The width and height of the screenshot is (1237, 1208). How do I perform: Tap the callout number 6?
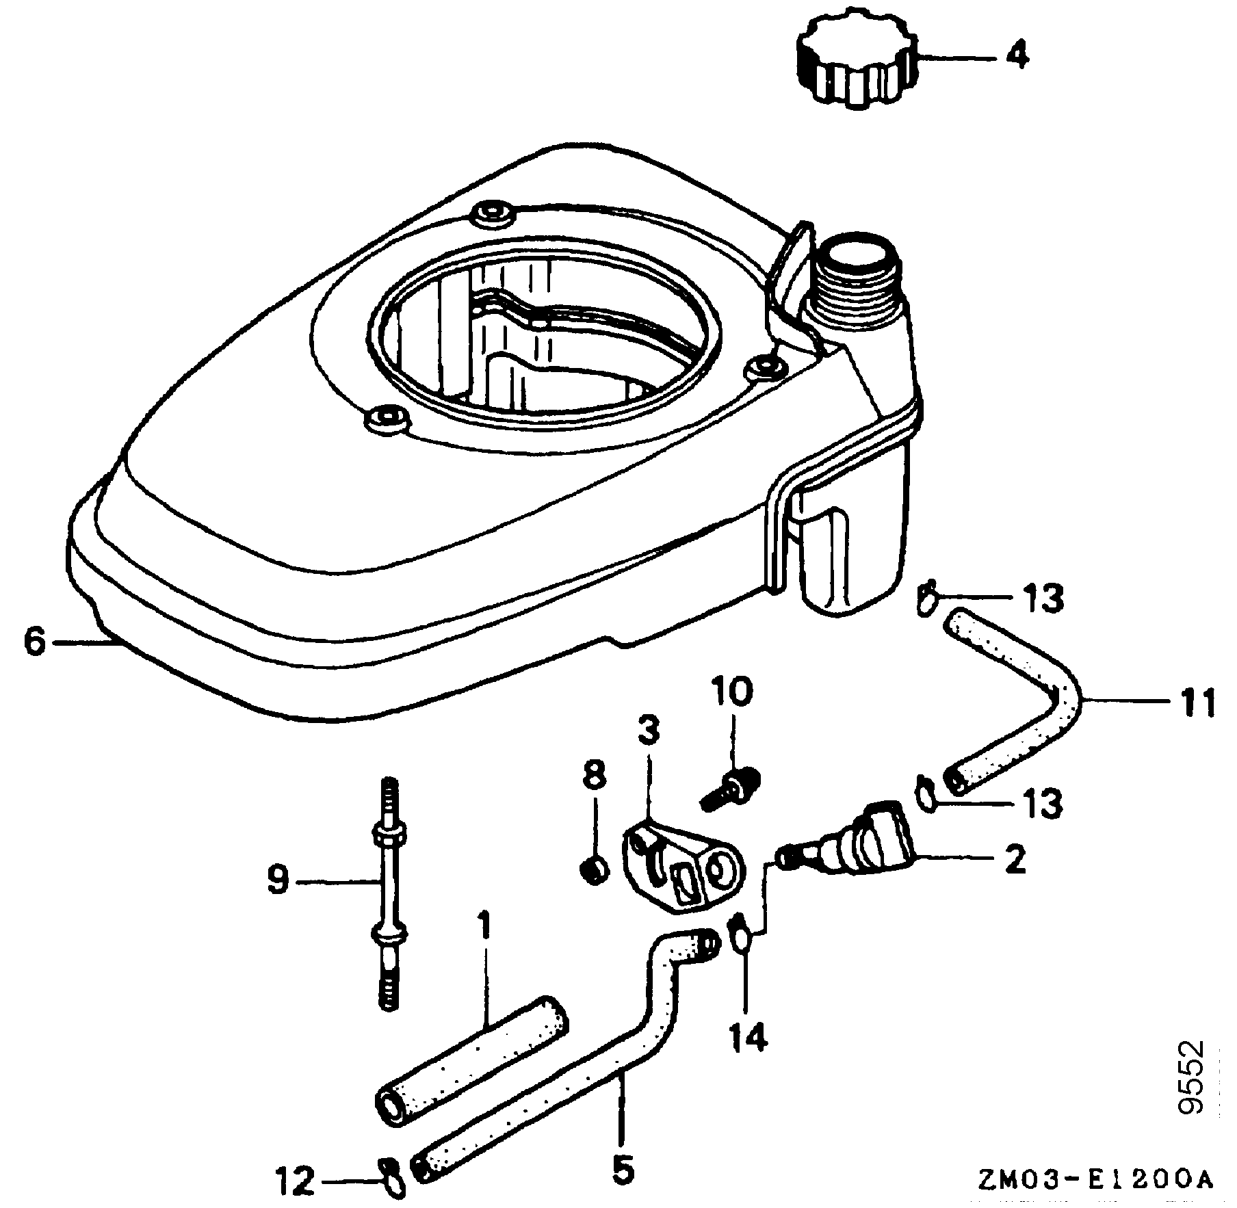(34, 643)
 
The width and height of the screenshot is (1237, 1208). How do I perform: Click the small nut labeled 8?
(595, 871)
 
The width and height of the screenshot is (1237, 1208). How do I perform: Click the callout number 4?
(1017, 56)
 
